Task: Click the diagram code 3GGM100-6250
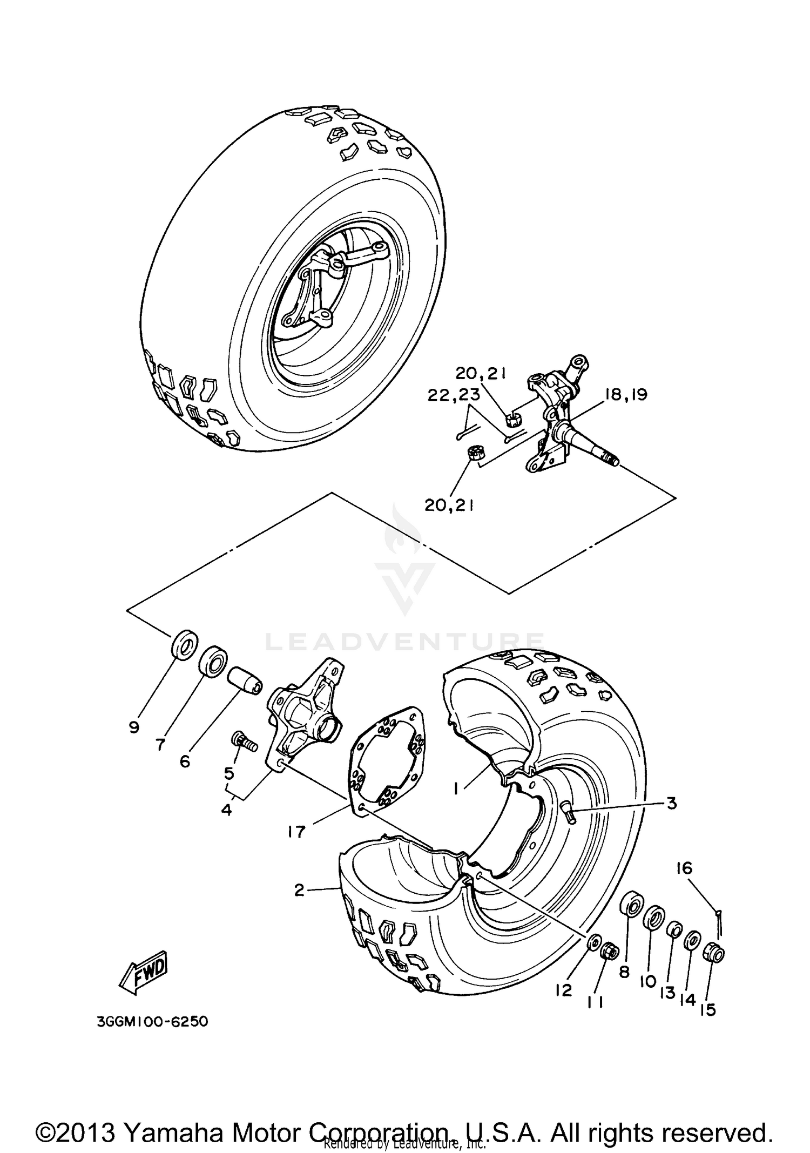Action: click(x=152, y=1022)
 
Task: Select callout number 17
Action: click(x=296, y=832)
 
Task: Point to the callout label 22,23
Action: click(x=454, y=395)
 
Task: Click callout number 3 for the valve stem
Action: click(x=671, y=803)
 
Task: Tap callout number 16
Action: click(x=684, y=868)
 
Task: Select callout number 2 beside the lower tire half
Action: click(x=300, y=890)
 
